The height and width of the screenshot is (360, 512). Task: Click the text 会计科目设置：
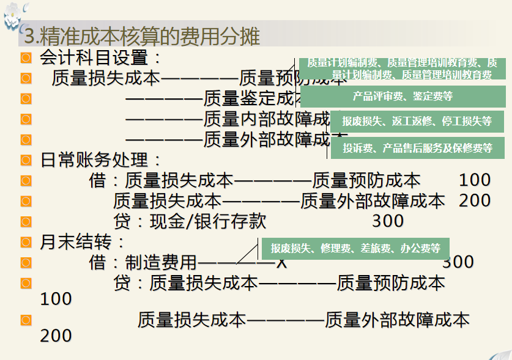101,59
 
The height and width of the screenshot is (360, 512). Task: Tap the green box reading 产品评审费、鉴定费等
403,97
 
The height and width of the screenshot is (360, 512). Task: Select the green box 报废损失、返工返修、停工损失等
417,121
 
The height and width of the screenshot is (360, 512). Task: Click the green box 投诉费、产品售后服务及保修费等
417,148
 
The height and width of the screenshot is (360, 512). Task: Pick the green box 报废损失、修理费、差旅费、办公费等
355,248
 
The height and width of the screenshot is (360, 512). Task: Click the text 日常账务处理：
101,160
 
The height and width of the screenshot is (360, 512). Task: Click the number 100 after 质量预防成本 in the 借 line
474,180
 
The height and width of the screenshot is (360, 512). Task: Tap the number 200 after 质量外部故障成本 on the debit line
474,200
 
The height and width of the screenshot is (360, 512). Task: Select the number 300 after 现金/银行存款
387,221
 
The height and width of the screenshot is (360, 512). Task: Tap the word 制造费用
161,263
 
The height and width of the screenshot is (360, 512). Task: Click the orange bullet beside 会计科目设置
26,58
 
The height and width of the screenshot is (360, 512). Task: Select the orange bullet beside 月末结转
26,242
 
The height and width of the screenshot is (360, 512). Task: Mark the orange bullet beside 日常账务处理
26,160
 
